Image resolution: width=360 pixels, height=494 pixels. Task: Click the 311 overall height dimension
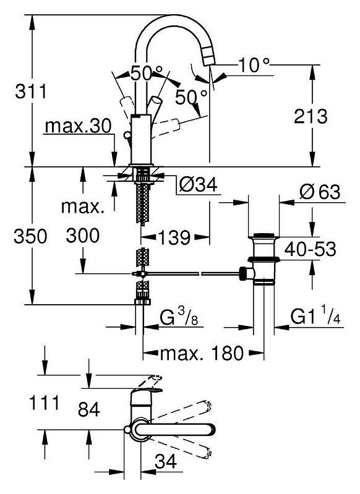[31, 92]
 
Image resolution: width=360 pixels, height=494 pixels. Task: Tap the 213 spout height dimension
[311, 116]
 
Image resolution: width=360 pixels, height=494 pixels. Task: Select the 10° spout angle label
[254, 65]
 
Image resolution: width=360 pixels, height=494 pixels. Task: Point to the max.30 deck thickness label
[78, 126]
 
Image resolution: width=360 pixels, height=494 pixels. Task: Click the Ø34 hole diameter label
[198, 184]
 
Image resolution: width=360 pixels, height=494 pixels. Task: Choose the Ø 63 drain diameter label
[320, 192]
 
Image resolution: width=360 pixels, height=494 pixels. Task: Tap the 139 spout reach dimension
[174, 237]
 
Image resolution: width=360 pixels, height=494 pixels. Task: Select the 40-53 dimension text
[310, 249]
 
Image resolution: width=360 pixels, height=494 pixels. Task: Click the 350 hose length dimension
[30, 236]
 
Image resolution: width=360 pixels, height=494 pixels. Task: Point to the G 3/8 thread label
[179, 317]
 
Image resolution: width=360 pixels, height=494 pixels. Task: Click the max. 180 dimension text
[202, 353]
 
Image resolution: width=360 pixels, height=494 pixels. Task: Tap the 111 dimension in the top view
[44, 402]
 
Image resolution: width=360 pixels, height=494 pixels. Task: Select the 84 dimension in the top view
[89, 409]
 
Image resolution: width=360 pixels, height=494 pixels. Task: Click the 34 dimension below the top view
[166, 462]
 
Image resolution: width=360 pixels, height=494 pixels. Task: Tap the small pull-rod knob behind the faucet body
[127, 135]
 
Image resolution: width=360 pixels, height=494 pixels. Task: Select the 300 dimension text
[83, 236]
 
